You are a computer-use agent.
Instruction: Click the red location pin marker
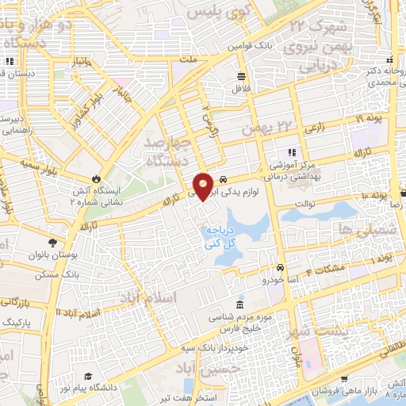[204, 186]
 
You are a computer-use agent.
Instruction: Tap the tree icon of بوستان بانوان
[52, 243]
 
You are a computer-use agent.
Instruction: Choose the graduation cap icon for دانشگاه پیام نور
[90, 376]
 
